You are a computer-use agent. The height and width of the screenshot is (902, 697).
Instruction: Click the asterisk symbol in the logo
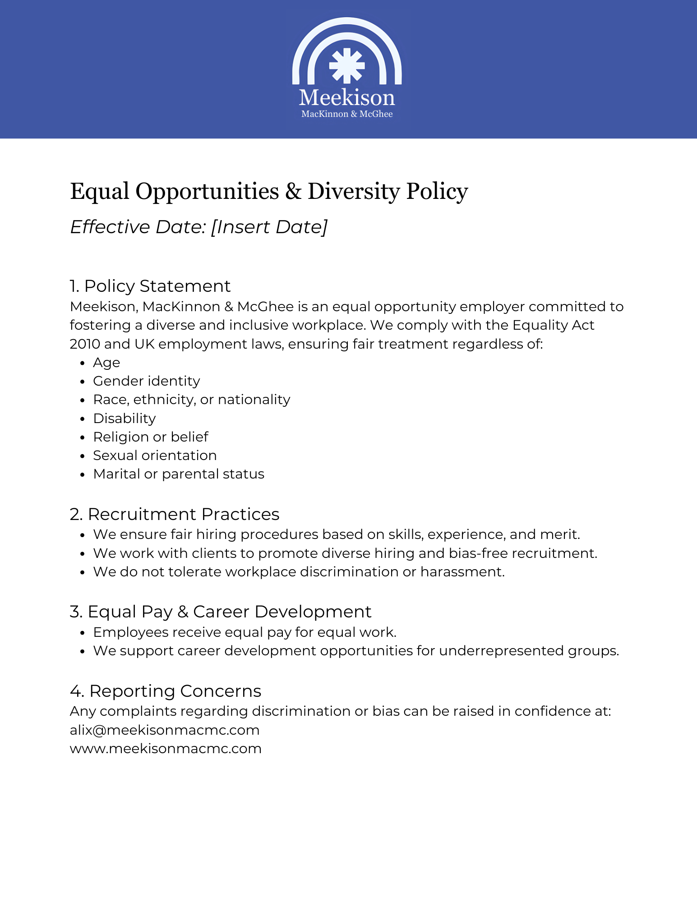[346, 66]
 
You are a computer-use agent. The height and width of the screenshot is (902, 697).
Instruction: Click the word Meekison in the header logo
[346, 97]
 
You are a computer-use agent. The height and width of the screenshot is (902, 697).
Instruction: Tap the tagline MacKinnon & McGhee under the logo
[346, 114]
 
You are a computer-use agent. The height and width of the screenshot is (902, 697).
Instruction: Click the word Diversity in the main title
[353, 191]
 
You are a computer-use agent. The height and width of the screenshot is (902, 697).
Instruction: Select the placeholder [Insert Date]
[269, 227]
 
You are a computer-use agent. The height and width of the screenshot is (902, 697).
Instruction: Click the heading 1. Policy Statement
[150, 286]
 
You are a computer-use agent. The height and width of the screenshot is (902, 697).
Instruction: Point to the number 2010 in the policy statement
[84, 344]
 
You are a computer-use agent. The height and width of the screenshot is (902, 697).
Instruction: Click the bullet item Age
[106, 363]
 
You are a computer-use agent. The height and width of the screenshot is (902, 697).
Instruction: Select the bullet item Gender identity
[146, 381]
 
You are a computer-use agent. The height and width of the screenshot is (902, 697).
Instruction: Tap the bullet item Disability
[124, 419]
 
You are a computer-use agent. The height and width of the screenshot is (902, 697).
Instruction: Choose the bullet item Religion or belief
[150, 437]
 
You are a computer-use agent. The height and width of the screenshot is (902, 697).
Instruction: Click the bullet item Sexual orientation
[155, 456]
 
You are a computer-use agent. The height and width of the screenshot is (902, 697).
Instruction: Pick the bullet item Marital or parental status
[179, 474]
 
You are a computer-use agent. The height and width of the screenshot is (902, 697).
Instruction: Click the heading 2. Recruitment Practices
[175, 514]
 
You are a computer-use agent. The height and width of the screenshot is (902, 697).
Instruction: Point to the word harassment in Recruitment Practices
[462, 572]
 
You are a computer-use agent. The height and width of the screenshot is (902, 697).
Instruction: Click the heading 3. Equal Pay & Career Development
[221, 612]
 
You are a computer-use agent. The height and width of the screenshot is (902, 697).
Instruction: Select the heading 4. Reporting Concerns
[166, 691]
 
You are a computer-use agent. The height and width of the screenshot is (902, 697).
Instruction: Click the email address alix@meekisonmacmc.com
[165, 730]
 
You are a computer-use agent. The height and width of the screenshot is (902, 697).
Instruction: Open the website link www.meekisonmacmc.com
[166, 749]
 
